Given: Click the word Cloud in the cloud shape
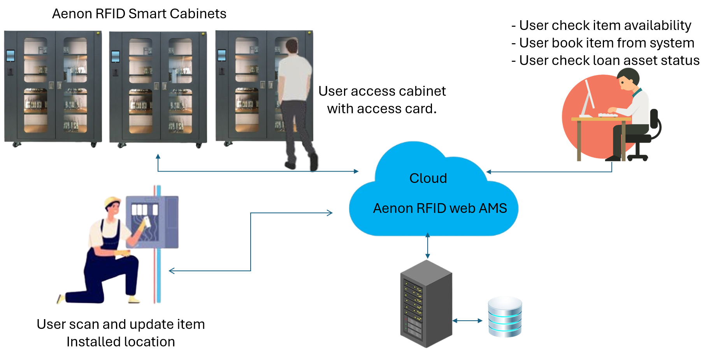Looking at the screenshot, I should (x=428, y=178).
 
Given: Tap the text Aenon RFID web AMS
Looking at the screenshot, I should (x=440, y=209).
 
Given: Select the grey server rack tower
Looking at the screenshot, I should (x=426, y=304).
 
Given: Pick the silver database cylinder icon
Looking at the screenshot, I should (x=505, y=317).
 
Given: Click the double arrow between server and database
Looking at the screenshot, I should (x=468, y=321).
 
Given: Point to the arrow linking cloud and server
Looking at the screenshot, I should (x=428, y=246).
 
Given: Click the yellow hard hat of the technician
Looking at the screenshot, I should (x=112, y=201).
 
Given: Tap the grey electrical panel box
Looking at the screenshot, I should (x=153, y=222).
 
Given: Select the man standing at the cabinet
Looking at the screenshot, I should (x=297, y=105).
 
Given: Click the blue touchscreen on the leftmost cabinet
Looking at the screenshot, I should (x=11, y=56).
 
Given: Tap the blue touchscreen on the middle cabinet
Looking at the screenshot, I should (x=116, y=56).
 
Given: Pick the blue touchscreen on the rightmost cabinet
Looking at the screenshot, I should (x=221, y=55).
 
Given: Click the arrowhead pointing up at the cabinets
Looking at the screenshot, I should (x=158, y=156).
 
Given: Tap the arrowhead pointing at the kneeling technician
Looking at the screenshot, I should (x=171, y=271).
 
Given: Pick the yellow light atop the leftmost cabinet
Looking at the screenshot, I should (x=98, y=33).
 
